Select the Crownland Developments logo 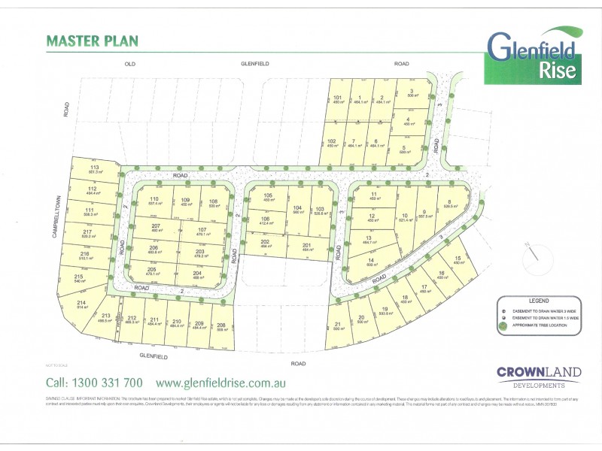(x=531, y=376)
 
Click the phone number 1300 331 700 (x=94, y=381)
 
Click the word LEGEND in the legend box (x=540, y=299)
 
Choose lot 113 (x=95, y=169)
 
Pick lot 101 (x=338, y=99)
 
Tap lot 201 (x=307, y=247)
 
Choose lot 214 (x=81, y=304)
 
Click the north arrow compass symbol (x=534, y=253)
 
